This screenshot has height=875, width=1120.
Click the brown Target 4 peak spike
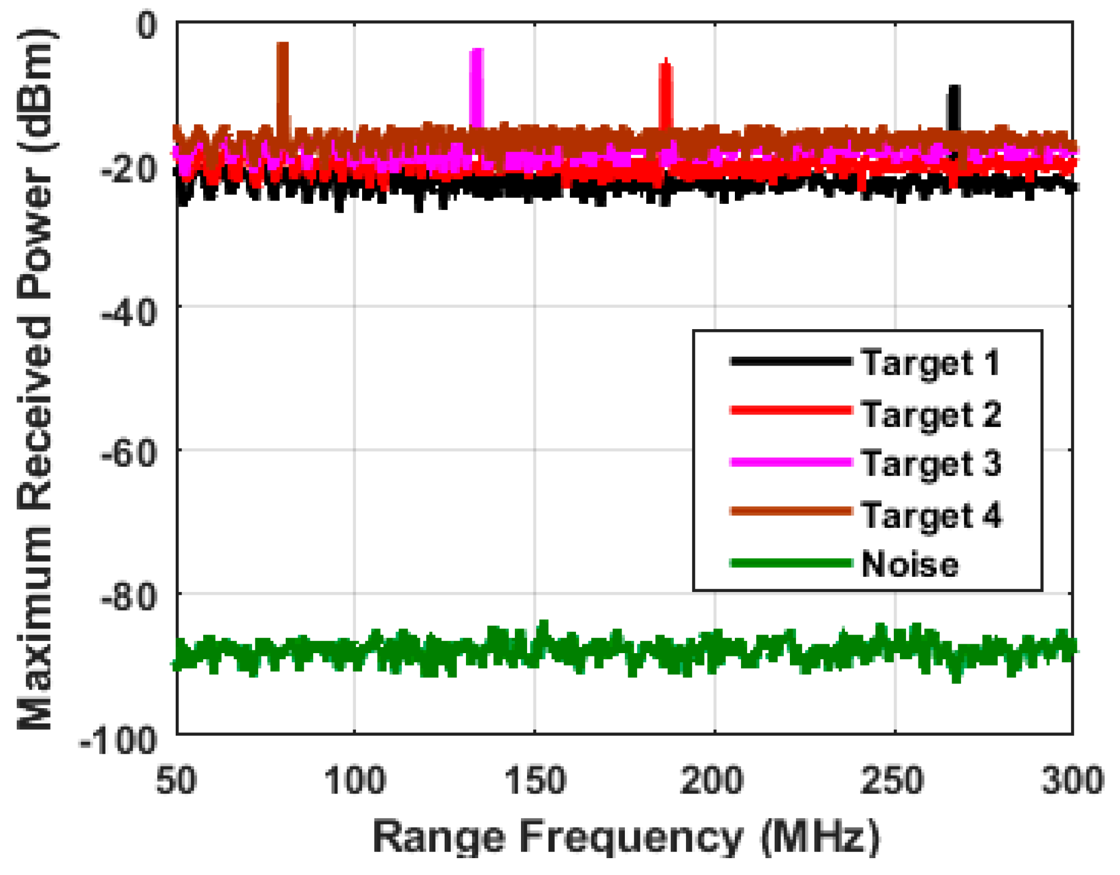pyautogui.click(x=282, y=79)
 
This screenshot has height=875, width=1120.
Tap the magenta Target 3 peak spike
pyautogui.click(x=476, y=84)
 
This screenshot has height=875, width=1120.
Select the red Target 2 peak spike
pyautogui.click(x=665, y=93)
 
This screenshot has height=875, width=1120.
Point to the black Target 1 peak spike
pyautogui.click(x=953, y=107)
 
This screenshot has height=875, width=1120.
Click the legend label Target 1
pyautogui.click(x=931, y=362)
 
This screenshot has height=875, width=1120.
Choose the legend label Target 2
pyautogui.click(x=931, y=414)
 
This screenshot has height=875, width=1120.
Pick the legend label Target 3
pyautogui.click(x=931, y=463)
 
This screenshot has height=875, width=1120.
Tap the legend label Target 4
pyautogui.click(x=931, y=514)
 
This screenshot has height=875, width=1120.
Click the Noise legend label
pyautogui.click(x=909, y=564)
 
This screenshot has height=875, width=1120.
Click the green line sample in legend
pyautogui.click(x=790, y=563)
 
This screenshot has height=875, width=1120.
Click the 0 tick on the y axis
pyautogui.click(x=147, y=25)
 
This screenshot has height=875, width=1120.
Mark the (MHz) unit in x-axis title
pyautogui.click(x=820, y=837)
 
